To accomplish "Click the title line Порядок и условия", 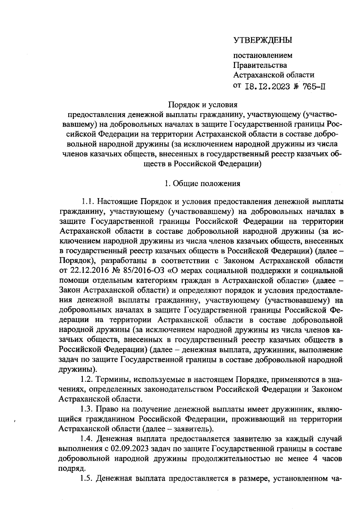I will tap(203, 105).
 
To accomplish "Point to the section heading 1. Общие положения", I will tap(202, 183).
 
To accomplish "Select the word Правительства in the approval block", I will tap(260, 65).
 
